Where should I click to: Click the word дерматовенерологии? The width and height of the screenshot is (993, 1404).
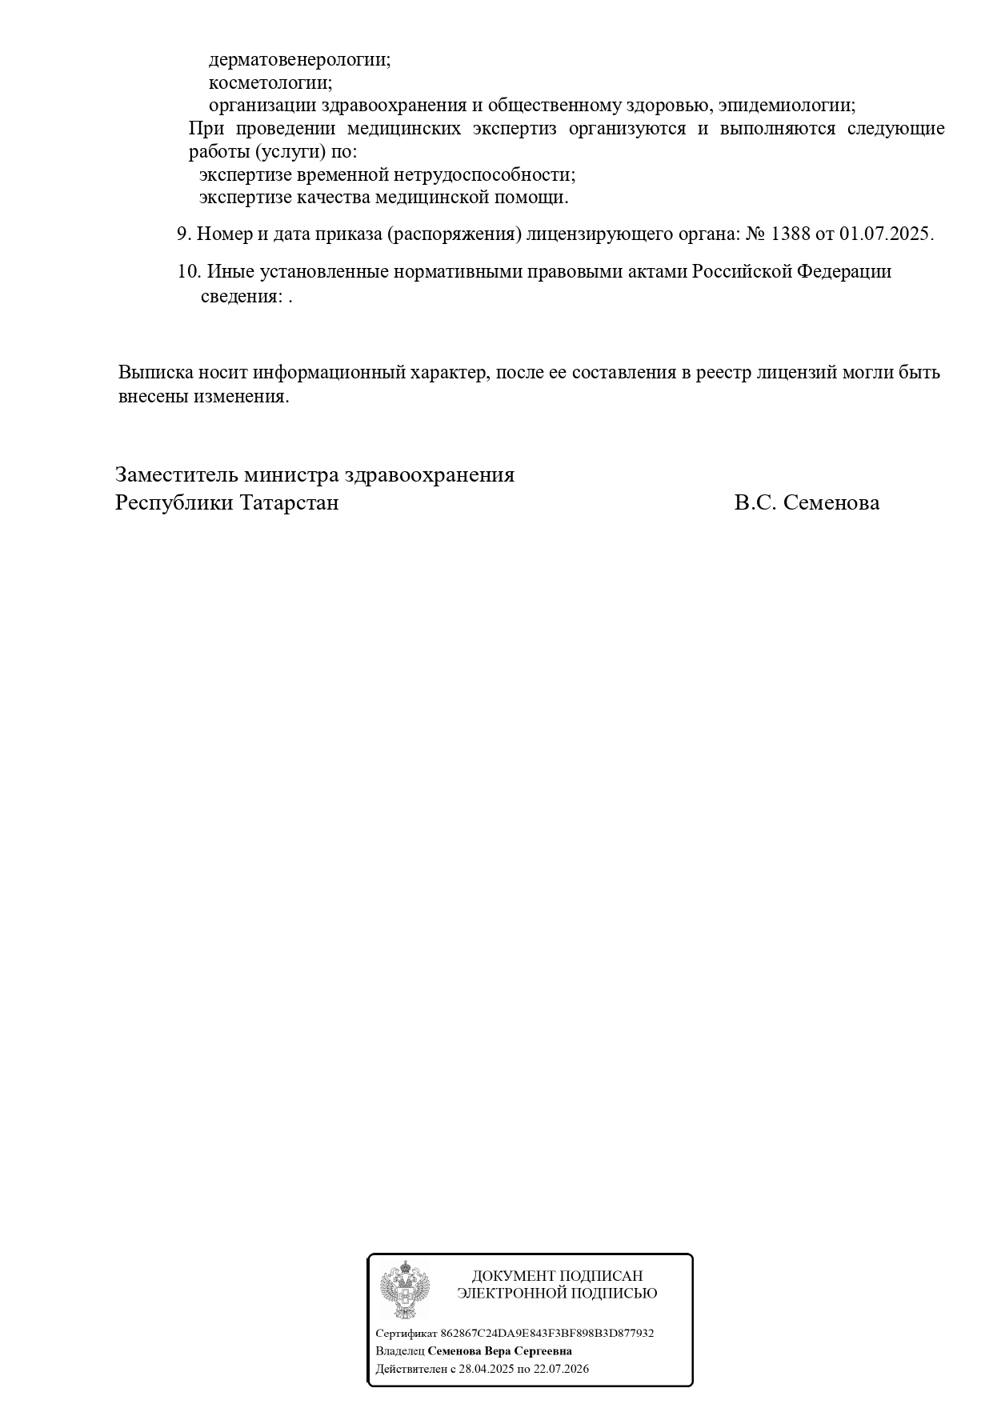point(299,60)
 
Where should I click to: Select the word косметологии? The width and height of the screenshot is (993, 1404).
point(270,82)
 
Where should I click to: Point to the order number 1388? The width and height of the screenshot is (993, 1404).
point(789,234)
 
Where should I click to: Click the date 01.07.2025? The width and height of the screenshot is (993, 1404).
point(885,234)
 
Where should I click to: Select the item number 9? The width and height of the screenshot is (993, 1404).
point(183,234)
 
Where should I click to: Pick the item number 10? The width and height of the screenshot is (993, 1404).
point(188,272)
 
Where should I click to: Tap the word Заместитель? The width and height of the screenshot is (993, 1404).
point(176,475)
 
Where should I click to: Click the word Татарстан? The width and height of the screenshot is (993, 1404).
point(289,503)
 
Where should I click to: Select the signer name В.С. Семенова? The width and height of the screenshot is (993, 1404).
point(807,503)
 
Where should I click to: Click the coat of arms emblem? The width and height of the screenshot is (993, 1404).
point(405,1290)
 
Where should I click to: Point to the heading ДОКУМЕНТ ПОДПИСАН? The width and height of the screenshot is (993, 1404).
point(557,1276)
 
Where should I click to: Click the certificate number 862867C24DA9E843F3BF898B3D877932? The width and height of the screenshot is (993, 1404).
point(547,1334)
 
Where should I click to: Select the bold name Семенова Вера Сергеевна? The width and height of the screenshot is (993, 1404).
point(499,1351)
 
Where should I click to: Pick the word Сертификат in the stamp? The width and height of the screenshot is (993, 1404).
point(406,1334)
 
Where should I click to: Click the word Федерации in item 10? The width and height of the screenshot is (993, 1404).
point(843,272)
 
